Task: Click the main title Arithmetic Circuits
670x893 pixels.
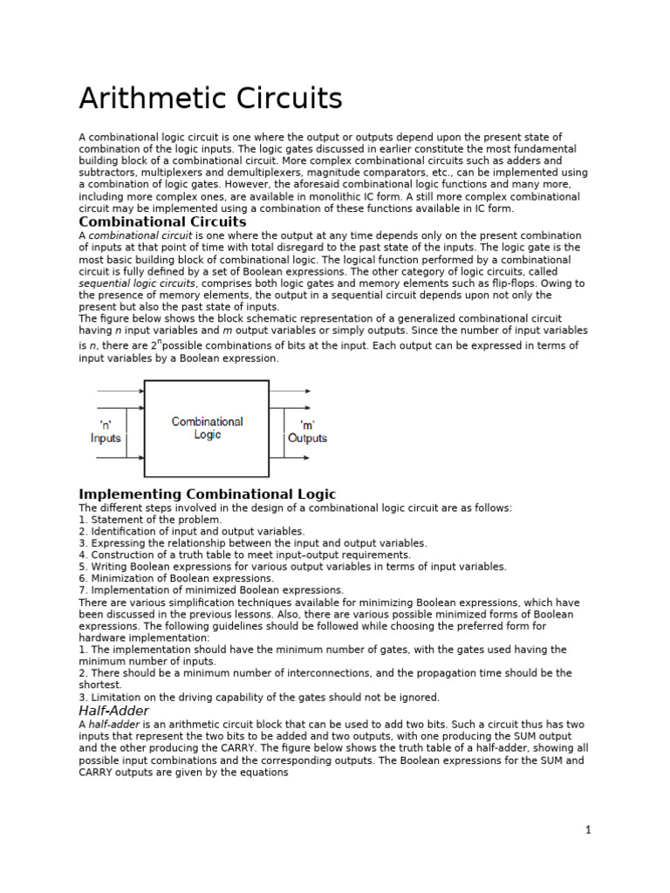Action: coord(210,98)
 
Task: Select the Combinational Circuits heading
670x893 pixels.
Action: coord(162,222)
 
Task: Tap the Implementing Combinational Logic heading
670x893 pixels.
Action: coord(207,494)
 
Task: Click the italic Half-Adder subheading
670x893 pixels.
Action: coord(113,711)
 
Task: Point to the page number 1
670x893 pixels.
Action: coord(588,830)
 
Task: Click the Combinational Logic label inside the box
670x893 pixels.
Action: coord(207,427)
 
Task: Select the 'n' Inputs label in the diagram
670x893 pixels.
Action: coord(106,432)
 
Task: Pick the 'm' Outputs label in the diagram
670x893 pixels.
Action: coord(307,432)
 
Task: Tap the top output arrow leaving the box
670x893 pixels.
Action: coord(289,391)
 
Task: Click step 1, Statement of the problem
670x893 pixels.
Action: coord(150,520)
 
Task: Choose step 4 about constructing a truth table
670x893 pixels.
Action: coord(244,555)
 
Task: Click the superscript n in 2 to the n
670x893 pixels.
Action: coord(160,342)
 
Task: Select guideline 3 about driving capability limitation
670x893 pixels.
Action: coord(259,697)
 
